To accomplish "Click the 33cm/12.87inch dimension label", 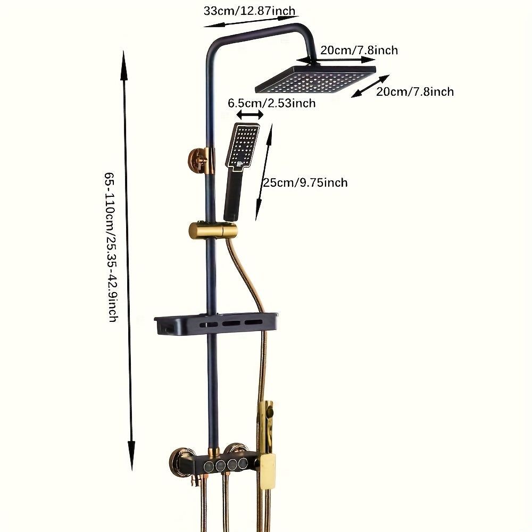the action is [250, 11].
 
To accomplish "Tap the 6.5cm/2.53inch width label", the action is [271, 103].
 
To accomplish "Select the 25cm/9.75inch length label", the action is [305, 182].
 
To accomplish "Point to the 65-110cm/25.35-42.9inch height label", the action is [111, 247].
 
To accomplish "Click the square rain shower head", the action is [315, 79].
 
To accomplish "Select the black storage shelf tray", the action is [216, 323].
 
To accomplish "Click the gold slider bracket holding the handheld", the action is [213, 230].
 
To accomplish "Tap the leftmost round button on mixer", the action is [209, 466].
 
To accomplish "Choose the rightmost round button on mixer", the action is [243, 463].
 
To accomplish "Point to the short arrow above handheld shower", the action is [250, 115].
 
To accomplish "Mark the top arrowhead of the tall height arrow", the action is [124, 65].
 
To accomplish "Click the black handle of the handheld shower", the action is [232, 194].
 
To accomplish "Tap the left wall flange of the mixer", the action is [182, 461].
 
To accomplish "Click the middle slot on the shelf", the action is [231, 323].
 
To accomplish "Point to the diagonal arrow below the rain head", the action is [370, 86].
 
